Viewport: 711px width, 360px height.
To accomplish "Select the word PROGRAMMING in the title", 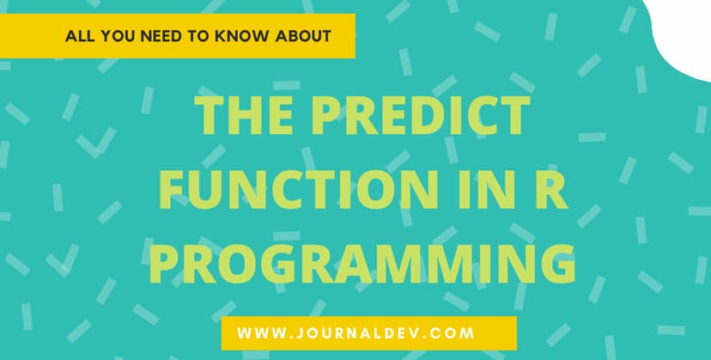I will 362,263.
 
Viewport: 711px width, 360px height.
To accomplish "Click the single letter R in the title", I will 552,190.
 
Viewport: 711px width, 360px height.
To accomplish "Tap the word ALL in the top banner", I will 79,37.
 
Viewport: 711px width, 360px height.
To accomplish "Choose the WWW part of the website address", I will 257,332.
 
